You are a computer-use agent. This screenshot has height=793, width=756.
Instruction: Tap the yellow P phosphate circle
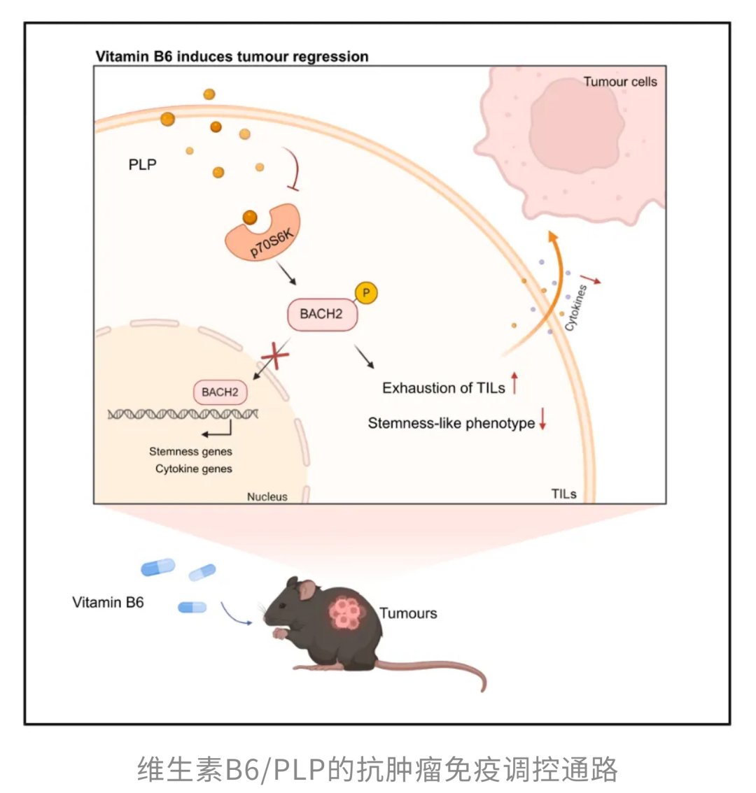click(365, 293)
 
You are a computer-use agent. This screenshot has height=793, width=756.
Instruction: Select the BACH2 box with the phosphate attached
click(322, 314)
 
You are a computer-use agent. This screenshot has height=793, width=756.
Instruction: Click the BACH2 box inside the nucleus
click(220, 392)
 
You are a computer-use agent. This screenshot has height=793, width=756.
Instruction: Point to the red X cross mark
click(275, 359)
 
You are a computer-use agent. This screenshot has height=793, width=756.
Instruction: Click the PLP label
click(143, 165)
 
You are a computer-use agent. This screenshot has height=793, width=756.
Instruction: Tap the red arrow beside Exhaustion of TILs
click(514, 383)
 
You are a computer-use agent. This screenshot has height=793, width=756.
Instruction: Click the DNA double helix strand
click(183, 414)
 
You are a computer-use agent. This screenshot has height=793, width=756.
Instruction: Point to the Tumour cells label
click(620, 82)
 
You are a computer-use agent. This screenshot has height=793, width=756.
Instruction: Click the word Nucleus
click(267, 496)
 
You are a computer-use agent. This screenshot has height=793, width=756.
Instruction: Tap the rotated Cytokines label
click(576, 308)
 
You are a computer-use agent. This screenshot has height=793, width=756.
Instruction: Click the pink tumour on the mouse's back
click(346, 612)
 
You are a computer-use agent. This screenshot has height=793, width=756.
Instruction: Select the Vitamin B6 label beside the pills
click(108, 602)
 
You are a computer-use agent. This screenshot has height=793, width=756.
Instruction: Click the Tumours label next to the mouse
click(408, 613)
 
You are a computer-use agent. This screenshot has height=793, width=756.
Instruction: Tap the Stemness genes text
click(190, 452)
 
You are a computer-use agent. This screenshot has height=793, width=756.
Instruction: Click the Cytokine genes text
click(194, 469)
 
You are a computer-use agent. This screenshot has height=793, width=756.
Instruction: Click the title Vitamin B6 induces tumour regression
click(232, 57)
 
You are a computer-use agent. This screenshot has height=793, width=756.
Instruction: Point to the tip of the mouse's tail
click(482, 689)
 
